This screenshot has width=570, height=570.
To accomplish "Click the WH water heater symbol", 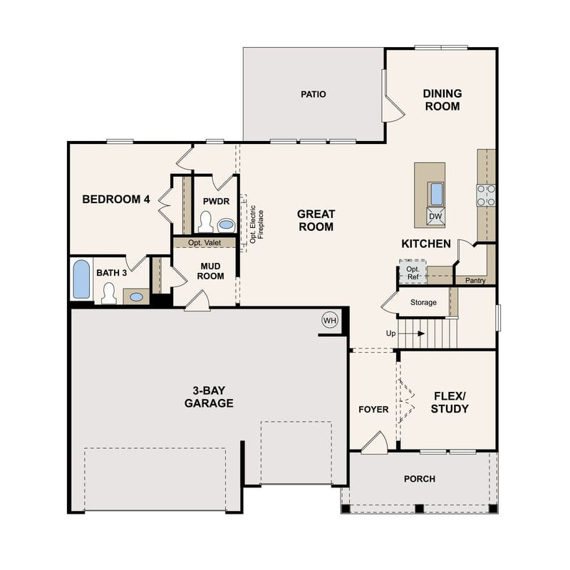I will pyautogui.click(x=330, y=320).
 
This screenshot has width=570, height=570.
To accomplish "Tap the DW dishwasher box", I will pyautogui.click(x=435, y=216).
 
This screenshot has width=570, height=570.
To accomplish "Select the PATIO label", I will pyautogui.click(x=313, y=94).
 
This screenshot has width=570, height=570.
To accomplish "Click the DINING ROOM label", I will pyautogui.click(x=442, y=100).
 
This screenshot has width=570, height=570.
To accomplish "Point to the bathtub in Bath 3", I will pyautogui.click(x=81, y=279).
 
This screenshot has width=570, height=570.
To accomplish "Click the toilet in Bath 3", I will pyautogui.click(x=109, y=293).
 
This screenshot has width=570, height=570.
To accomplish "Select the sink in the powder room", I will pyautogui.click(x=226, y=224).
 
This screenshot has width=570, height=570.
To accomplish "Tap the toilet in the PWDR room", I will pyautogui.click(x=206, y=223).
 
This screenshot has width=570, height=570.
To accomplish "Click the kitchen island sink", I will pyautogui.click(x=435, y=193).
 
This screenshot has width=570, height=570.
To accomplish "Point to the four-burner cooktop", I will pyautogui.click(x=486, y=195).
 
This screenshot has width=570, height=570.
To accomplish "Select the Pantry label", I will pyautogui.click(x=475, y=281).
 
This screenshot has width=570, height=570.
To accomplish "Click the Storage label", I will pyautogui.click(x=423, y=303).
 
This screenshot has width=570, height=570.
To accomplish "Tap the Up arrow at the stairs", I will pyautogui.click(x=413, y=333).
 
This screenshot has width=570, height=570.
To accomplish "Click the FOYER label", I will pyautogui.click(x=373, y=410).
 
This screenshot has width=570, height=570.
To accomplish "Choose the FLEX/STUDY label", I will pyautogui.click(x=450, y=403).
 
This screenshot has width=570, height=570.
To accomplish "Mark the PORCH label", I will pyautogui.click(x=419, y=479).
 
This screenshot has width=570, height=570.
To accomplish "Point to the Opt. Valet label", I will pyautogui.click(x=204, y=243).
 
